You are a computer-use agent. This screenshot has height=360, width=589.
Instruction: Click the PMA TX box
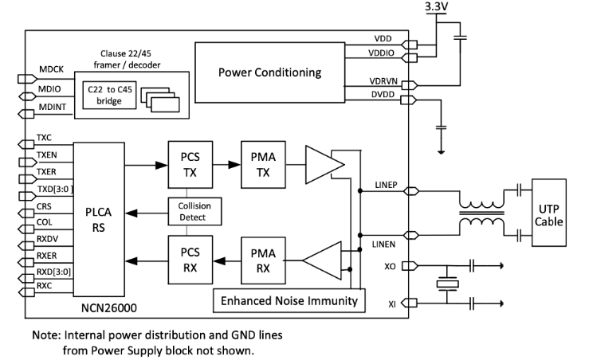tap(262, 165)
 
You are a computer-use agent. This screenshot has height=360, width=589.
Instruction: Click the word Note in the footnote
tap(45, 335)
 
